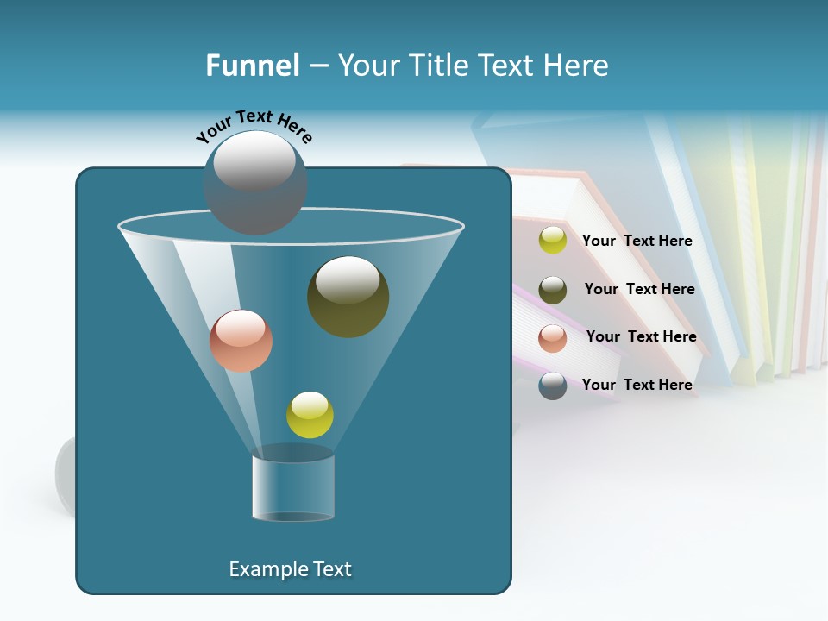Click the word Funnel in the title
click(x=253, y=66)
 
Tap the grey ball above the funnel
click(x=255, y=182)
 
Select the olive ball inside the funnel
click(x=348, y=297)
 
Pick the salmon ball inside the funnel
click(x=241, y=341)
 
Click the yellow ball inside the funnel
click(x=310, y=414)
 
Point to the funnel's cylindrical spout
click(x=293, y=487)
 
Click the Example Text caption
click(x=290, y=569)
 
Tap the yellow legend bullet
click(x=553, y=241)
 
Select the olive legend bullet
click(x=553, y=289)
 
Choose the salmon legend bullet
click(x=553, y=337)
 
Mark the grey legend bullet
click(x=553, y=386)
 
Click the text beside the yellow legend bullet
click(x=637, y=241)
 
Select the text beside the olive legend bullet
click(x=639, y=289)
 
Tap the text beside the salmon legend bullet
click(x=641, y=336)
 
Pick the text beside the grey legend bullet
click(x=637, y=385)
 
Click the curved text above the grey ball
click(x=254, y=125)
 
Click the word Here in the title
click(x=577, y=66)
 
